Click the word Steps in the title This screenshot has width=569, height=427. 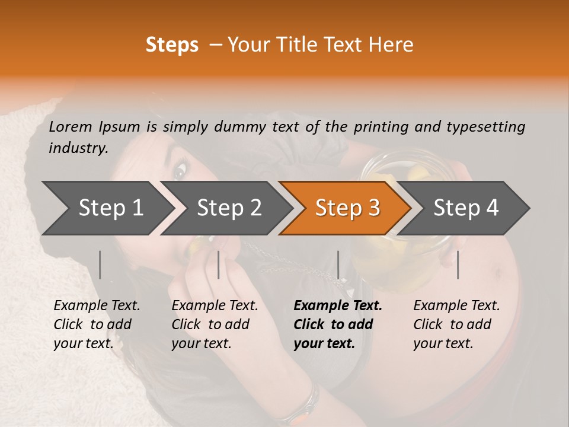[172, 45]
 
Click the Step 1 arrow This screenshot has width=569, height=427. [110, 208]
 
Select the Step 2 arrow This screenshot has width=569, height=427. [229, 208]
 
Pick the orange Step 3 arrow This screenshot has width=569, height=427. [347, 208]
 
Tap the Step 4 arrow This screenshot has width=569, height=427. [466, 208]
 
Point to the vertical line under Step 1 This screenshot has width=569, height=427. [100, 265]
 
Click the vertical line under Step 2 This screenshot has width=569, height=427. [219, 265]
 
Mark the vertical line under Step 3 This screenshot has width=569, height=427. [338, 265]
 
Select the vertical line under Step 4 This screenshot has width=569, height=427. [458, 265]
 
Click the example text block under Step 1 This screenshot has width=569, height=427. [97, 324]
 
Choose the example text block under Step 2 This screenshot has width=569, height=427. [215, 324]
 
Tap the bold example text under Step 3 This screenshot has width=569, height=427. [338, 324]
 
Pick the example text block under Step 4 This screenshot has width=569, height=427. [456, 324]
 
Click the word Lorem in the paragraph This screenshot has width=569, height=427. [70, 126]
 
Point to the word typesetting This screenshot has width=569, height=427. [485, 127]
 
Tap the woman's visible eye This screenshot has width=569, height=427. [180, 171]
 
